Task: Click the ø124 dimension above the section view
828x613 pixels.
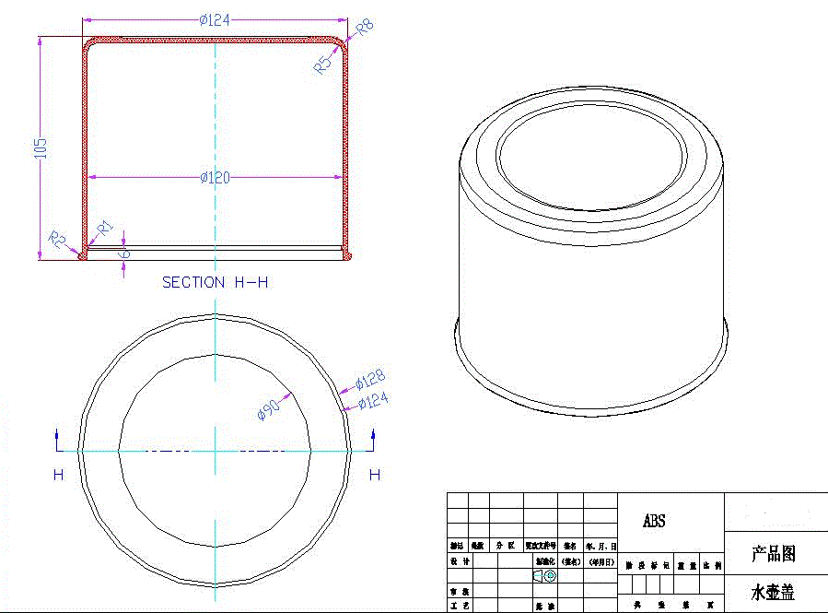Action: click(215, 20)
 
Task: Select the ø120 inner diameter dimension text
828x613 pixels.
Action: click(215, 177)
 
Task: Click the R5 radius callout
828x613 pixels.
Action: click(322, 65)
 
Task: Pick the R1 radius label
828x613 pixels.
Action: click(105, 227)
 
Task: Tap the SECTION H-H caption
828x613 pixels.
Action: click(215, 282)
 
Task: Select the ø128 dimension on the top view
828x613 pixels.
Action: click(370, 379)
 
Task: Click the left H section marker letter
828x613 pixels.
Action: click(58, 475)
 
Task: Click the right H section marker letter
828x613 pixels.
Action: click(374, 475)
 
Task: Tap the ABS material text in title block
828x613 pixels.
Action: click(654, 522)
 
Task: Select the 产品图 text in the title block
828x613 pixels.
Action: click(773, 554)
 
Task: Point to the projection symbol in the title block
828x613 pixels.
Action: click(544, 576)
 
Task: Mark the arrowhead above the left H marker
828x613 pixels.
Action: click(57, 433)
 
